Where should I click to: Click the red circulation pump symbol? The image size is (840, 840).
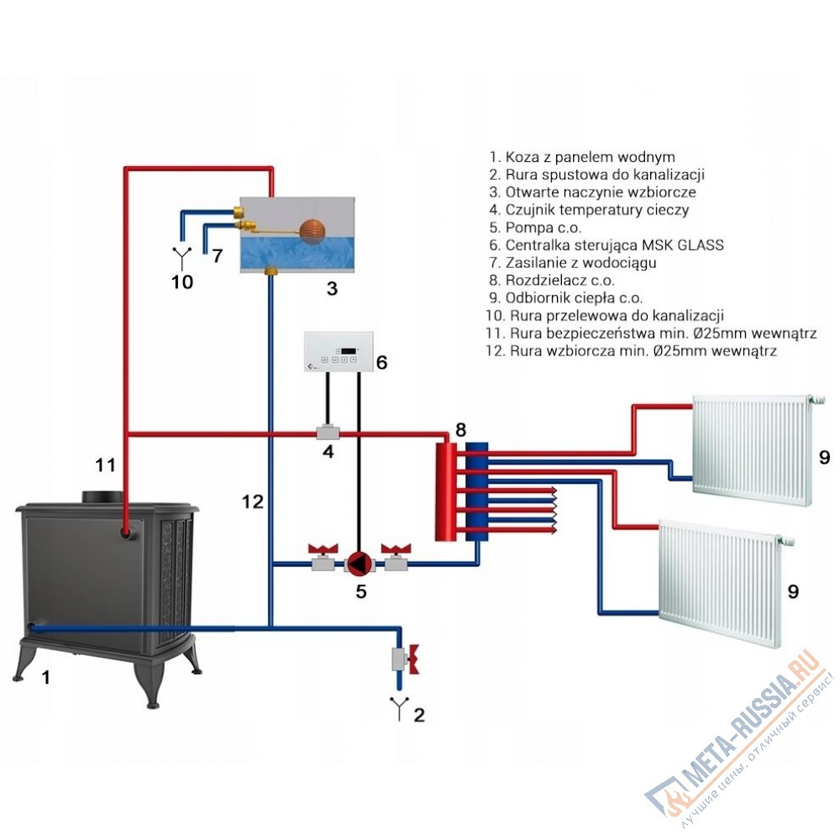click(360, 563)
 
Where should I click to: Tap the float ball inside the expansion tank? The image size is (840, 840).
click(312, 228)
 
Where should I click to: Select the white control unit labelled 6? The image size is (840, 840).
click(339, 352)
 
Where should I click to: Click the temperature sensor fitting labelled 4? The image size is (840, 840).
click(326, 432)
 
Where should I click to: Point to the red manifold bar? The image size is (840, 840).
click(446, 491)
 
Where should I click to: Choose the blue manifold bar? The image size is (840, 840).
click(477, 491)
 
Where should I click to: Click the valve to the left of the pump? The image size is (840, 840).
click(323, 557)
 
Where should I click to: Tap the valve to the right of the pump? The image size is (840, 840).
click(396, 557)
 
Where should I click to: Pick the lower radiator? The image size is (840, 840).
click(723, 584)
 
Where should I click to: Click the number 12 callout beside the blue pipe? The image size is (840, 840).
click(252, 502)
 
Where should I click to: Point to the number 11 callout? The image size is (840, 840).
click(106, 465)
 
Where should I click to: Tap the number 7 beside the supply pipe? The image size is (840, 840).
click(217, 255)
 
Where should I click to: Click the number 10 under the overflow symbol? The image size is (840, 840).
click(182, 281)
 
